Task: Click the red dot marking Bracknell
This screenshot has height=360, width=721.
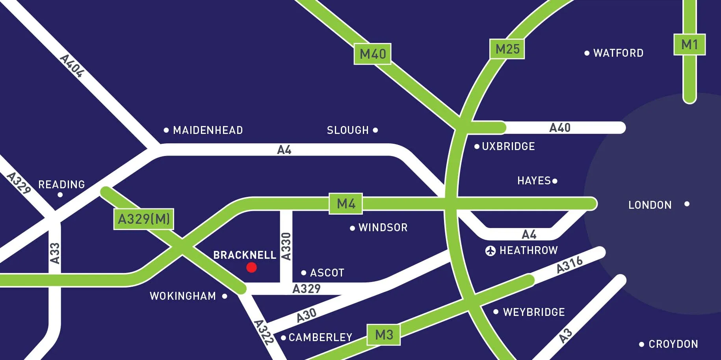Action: click(x=251, y=267)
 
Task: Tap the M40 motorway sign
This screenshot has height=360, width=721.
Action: click(x=373, y=54)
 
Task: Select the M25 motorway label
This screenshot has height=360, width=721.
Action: click(x=507, y=49)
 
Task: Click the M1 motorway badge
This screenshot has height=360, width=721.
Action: click(x=689, y=45)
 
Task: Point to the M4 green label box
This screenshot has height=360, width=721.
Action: click(x=346, y=203)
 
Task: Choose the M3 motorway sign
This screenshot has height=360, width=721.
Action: click(x=384, y=335)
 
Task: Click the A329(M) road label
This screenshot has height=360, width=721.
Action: click(x=144, y=219)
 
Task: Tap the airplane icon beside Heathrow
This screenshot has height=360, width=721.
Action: click(x=491, y=251)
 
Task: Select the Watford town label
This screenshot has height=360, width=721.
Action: click(x=618, y=53)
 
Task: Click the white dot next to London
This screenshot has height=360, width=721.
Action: click(x=687, y=204)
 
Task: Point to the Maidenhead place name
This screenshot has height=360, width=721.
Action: click(x=208, y=130)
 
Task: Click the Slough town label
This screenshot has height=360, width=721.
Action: click(x=347, y=130)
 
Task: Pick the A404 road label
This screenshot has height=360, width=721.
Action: click(x=72, y=65)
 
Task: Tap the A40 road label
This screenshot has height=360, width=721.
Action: click(x=560, y=128)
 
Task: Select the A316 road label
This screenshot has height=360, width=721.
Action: click(x=569, y=264)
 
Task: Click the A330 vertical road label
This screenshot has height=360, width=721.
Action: click(x=286, y=247)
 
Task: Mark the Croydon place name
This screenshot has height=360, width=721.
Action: click(x=673, y=344)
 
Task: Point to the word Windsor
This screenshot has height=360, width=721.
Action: click(x=383, y=227)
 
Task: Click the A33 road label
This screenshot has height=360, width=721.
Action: click(x=55, y=253)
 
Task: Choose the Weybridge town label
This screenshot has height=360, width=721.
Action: click(x=534, y=312)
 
